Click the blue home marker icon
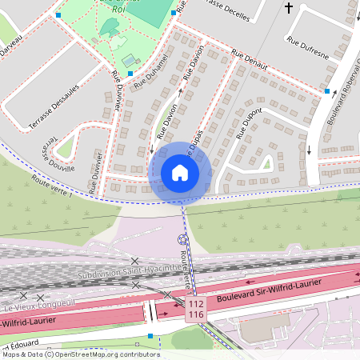180,172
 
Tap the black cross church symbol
288,8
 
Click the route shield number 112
196,304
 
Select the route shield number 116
196,316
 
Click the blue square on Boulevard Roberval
326,91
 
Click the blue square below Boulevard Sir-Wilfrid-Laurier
150,336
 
